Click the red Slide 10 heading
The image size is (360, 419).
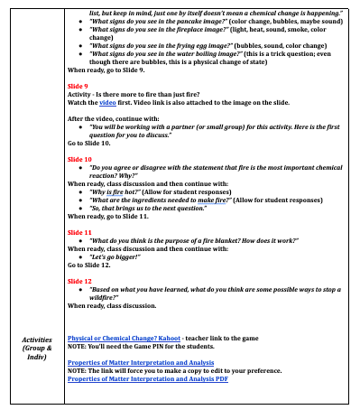[82, 157]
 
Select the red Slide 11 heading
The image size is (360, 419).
[82, 232]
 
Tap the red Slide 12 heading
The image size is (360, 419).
[82, 282]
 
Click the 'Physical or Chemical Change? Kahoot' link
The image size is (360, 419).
[125, 336]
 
